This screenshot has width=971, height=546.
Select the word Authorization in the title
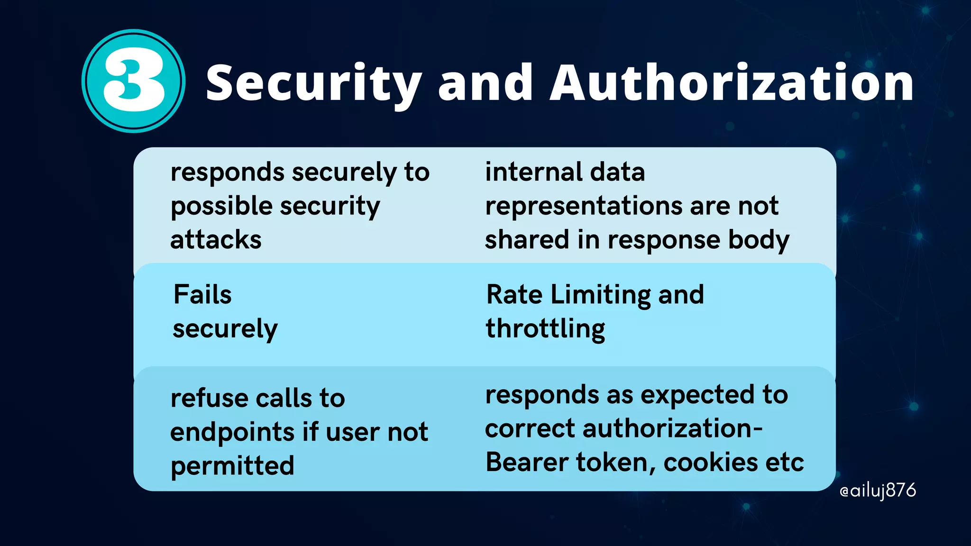(732, 82)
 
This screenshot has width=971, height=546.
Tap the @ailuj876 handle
(877, 491)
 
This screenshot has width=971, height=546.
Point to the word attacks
(216, 239)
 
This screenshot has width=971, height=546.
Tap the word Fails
(202, 294)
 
